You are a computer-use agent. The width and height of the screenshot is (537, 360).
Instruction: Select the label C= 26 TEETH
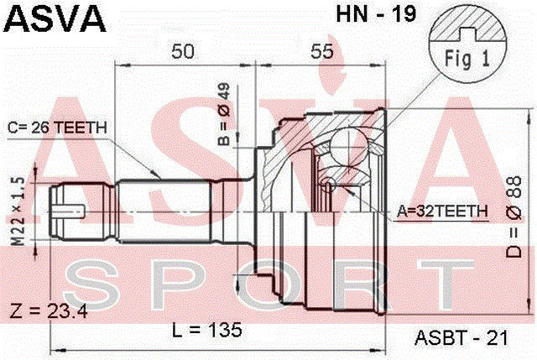pyautogui.click(x=57, y=128)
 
